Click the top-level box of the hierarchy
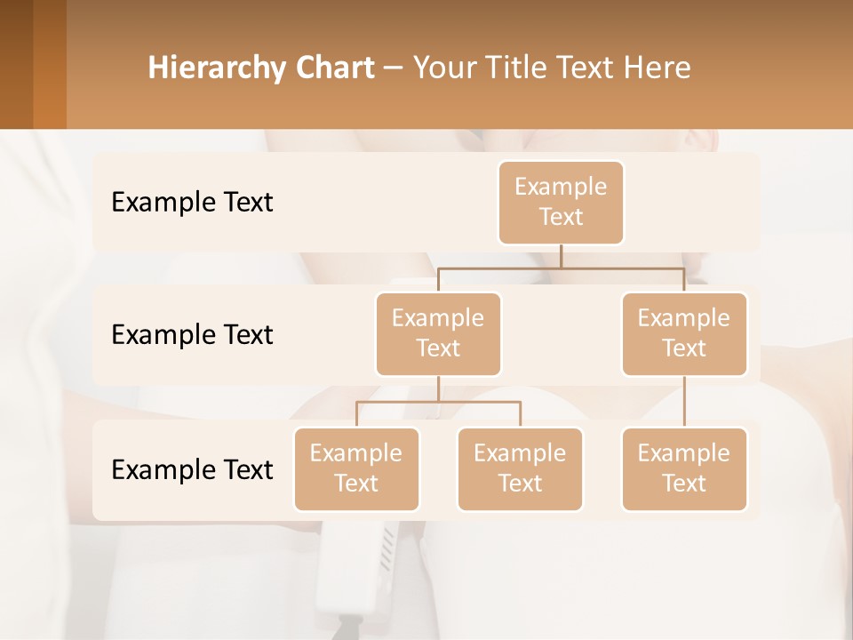pos(561,203)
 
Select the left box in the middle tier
pos(438,333)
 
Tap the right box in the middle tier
pos(684,333)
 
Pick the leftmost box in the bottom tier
pos(356,468)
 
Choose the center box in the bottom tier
pos(520,468)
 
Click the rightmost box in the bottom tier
pos(684,468)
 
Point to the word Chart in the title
pos(331,68)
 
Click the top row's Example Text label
pos(192,203)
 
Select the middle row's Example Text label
pos(192,334)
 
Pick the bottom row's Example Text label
pos(192,469)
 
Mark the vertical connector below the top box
pos(561,256)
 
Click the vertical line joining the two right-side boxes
pos(684,402)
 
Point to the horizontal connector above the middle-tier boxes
pos(561,268)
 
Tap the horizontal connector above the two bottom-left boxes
pos(438,402)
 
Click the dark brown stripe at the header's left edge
pos(16,64)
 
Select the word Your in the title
pos(446,68)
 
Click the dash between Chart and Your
pos(393,68)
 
